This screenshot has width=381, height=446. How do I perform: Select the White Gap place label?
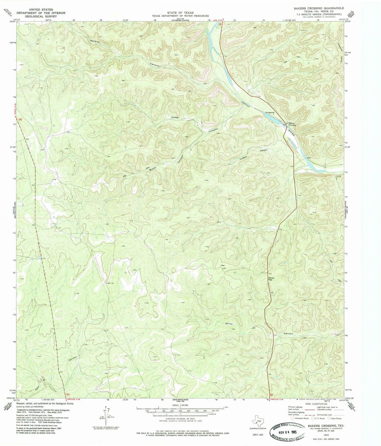(271, 279)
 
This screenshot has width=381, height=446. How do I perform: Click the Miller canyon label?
(229, 324)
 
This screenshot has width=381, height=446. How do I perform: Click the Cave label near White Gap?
(223, 265)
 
